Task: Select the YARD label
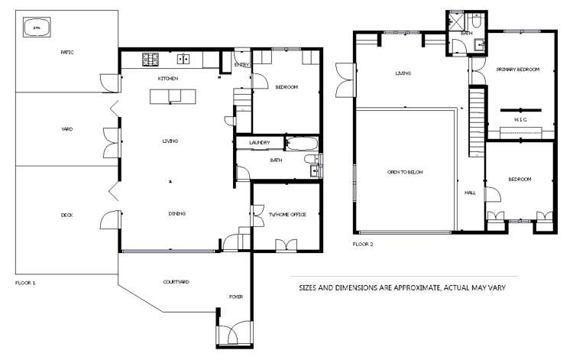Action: [x=66, y=129]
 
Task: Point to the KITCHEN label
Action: [x=168, y=79]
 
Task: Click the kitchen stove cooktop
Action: [x=150, y=58]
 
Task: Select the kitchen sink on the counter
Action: [x=183, y=58]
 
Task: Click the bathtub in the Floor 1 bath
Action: [x=302, y=142]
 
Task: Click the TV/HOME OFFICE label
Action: [x=287, y=215]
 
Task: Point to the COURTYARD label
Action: [x=176, y=282]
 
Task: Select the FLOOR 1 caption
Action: [x=25, y=283]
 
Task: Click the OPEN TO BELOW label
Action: [x=405, y=173]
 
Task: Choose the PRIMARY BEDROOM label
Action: [x=518, y=70]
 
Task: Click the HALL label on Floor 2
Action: [x=471, y=193]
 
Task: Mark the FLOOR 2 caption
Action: [x=362, y=245]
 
